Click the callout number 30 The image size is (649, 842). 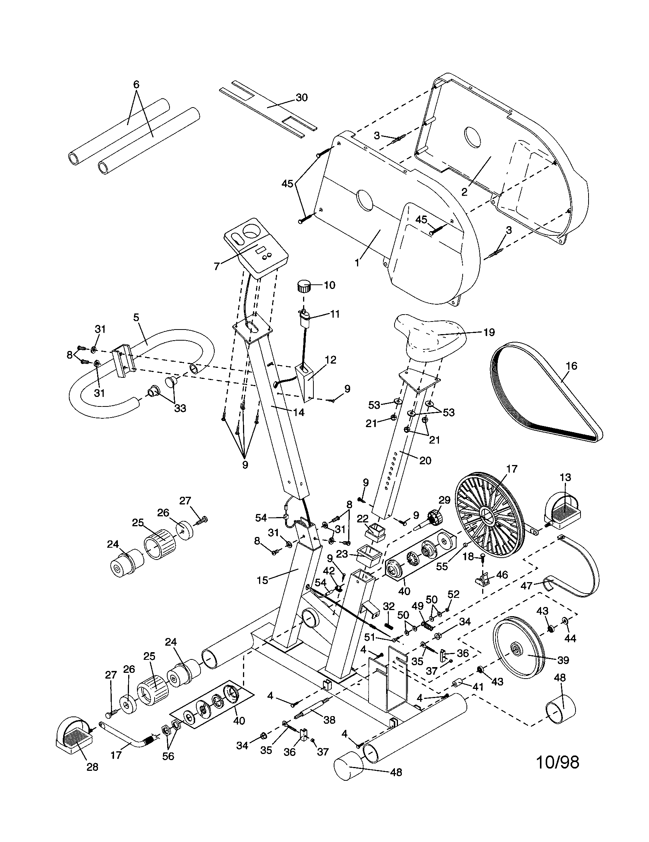pyautogui.click(x=302, y=98)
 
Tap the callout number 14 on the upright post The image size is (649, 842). pyautogui.click(x=298, y=413)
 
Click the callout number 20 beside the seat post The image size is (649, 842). pyautogui.click(x=425, y=460)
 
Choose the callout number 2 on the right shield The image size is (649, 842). pyautogui.click(x=465, y=192)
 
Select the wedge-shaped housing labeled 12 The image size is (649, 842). pyautogui.click(x=306, y=381)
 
